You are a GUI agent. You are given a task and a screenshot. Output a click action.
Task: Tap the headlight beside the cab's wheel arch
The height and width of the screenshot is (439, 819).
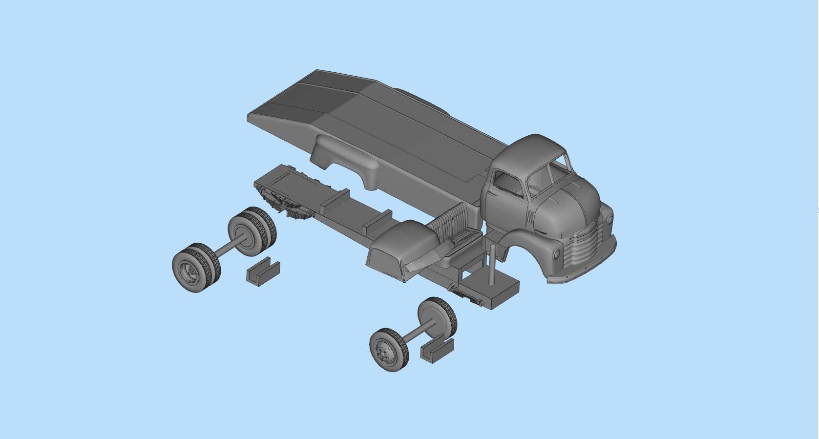557,254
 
